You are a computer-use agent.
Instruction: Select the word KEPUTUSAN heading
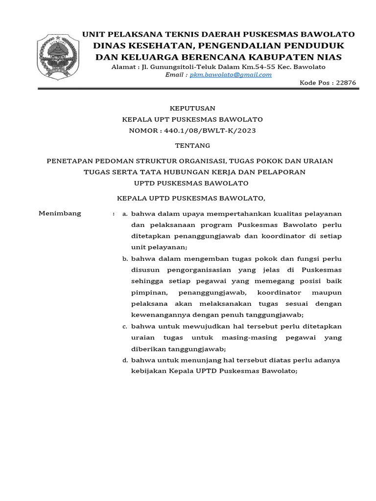192,108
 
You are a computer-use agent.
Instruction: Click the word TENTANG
192,145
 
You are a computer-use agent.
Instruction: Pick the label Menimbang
60,213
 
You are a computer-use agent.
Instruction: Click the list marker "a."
125,214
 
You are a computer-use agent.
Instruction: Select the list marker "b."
125,259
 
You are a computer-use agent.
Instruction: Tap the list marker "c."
125,326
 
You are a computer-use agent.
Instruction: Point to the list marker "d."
125,360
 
